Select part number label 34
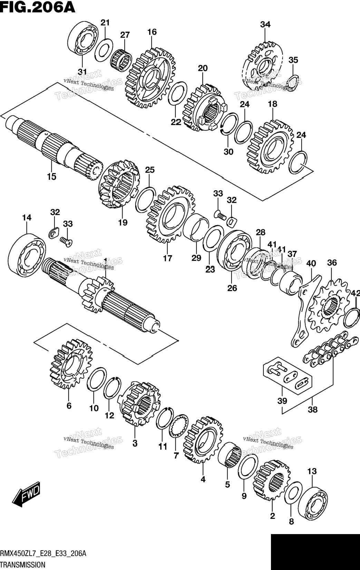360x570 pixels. pos(265,25)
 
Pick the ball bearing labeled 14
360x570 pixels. pos(27,254)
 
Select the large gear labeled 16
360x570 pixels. pos(150,77)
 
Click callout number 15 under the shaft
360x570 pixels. pos(52,176)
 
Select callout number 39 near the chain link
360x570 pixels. pos(282,401)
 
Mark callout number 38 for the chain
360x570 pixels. pos(313,409)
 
